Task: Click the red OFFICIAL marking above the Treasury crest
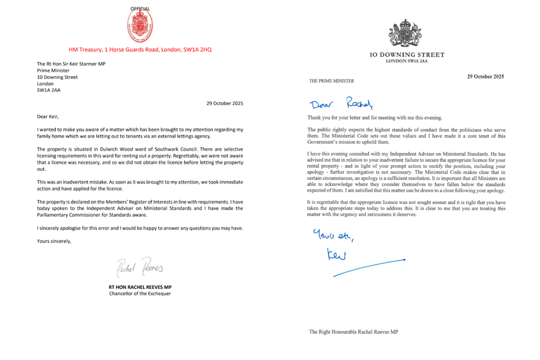(x=140, y=9)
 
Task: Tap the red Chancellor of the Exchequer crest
(x=140, y=26)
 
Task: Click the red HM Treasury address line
(x=140, y=50)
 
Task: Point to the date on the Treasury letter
(x=224, y=103)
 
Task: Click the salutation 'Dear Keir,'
(x=47, y=116)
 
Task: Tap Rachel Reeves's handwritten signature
(x=140, y=267)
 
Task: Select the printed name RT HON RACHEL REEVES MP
(x=140, y=287)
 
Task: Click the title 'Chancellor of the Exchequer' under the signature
(x=140, y=294)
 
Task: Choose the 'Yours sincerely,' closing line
(x=54, y=241)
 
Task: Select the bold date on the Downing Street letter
(x=485, y=77)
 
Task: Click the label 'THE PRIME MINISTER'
(x=331, y=81)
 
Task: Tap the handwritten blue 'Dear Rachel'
(x=341, y=103)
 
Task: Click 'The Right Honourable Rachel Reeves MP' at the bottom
(x=353, y=332)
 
